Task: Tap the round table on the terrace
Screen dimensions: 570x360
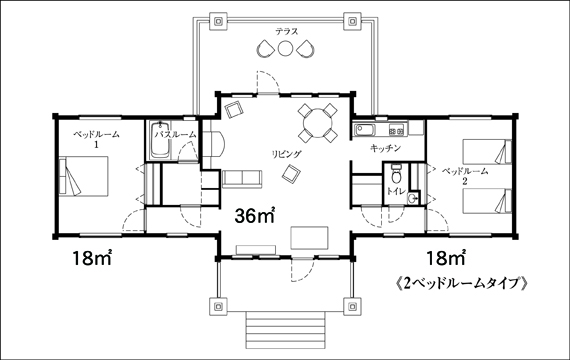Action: pyautogui.click(x=285, y=49)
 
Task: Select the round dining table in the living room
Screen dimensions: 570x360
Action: pyautogui.click(x=318, y=123)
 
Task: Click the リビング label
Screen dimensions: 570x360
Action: pyautogui.click(x=287, y=154)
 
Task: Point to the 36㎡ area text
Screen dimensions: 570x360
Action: pyautogui.click(x=255, y=216)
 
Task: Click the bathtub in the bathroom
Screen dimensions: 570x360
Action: pyautogui.click(x=160, y=141)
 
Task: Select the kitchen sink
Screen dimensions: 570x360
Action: pyautogui.click(x=365, y=129)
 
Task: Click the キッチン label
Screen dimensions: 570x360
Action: pyautogui.click(x=385, y=148)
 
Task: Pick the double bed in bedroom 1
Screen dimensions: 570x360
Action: pyautogui.click(x=84, y=176)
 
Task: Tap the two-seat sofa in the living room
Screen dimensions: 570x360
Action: pyautogui.click(x=242, y=179)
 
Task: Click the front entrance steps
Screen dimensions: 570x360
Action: pyautogui.click(x=285, y=330)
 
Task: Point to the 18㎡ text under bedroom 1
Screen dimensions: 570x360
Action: pyautogui.click(x=92, y=257)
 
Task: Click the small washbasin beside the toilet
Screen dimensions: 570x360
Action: pyautogui.click(x=412, y=198)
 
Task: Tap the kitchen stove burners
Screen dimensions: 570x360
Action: pyautogui.click(x=397, y=129)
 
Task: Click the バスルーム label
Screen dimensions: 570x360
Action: pyautogui.click(x=176, y=135)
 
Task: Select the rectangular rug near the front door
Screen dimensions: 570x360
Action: pyautogui.click(x=309, y=238)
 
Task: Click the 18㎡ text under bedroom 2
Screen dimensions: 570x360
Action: pyautogui.click(x=446, y=257)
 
